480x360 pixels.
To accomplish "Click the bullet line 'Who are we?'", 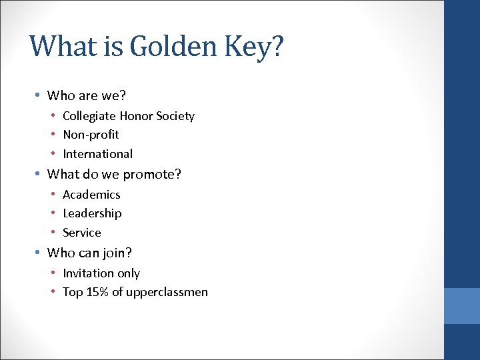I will [87, 95].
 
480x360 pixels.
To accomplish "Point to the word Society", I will [175, 116].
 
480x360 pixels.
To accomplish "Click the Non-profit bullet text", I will [91, 135].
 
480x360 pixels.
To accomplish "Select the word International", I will [97, 154].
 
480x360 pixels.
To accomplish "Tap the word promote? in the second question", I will [152, 175].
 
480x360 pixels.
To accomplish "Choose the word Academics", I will [91, 195].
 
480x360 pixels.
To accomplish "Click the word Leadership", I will [92, 213].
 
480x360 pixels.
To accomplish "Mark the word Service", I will [82, 233].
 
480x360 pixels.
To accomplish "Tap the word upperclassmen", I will [167, 293].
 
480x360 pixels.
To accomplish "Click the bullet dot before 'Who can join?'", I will [38, 253].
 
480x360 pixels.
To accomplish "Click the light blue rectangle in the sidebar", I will [462, 306].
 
